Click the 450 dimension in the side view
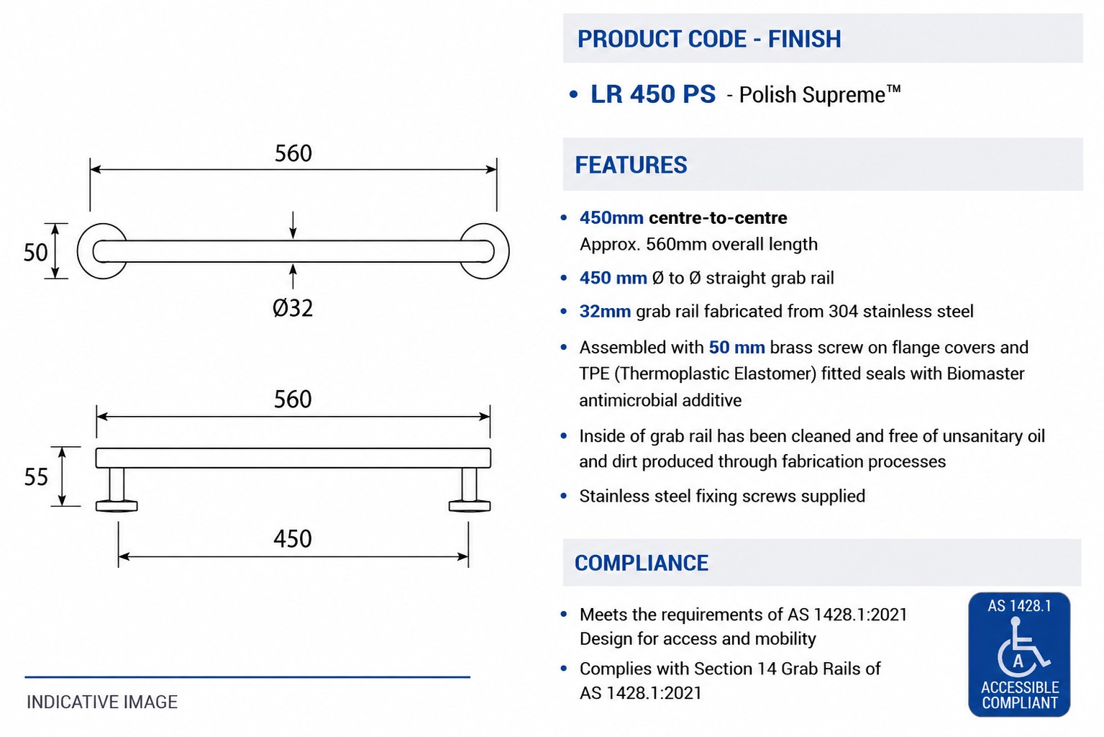click(293, 538)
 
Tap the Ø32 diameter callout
click(293, 308)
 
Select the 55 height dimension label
click(36, 477)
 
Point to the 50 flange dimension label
click(35, 253)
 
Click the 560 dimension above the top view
click(293, 153)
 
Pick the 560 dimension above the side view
click(293, 399)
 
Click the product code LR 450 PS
click(653, 94)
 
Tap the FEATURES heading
click(631, 165)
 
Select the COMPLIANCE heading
click(642, 563)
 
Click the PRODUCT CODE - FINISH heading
click(709, 39)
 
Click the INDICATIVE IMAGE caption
click(102, 702)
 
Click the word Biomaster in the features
click(986, 374)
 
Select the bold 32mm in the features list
click(605, 312)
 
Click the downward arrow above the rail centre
click(293, 225)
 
